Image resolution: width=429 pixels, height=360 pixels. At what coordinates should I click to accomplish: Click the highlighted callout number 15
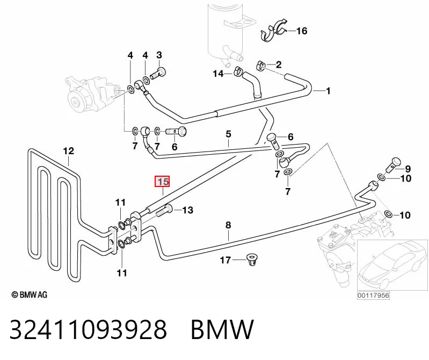163,181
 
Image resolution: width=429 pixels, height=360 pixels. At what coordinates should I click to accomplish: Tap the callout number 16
302,31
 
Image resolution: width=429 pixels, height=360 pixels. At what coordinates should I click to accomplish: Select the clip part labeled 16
273,31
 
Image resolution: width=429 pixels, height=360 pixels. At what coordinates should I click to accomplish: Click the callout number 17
226,260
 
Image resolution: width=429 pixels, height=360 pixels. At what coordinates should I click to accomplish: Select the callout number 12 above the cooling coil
68,151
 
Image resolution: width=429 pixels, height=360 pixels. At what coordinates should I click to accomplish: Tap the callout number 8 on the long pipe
228,225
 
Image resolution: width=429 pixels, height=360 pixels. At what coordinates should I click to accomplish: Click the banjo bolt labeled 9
393,165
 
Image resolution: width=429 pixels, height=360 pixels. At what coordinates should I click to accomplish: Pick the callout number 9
408,169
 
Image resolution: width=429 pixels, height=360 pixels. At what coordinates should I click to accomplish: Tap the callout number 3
159,55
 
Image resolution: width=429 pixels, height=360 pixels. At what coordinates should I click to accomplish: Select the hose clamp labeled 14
238,70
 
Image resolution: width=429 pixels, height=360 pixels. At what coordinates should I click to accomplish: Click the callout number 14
219,74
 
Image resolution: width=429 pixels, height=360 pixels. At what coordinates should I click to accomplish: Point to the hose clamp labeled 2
261,66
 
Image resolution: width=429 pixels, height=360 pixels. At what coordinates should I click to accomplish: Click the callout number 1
328,91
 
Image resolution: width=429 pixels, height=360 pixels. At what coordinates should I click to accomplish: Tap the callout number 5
228,134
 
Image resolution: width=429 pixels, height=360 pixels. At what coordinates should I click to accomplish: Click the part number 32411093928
88,329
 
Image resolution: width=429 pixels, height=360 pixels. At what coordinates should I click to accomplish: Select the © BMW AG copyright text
30,294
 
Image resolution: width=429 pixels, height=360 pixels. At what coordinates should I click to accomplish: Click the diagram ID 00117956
373,296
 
